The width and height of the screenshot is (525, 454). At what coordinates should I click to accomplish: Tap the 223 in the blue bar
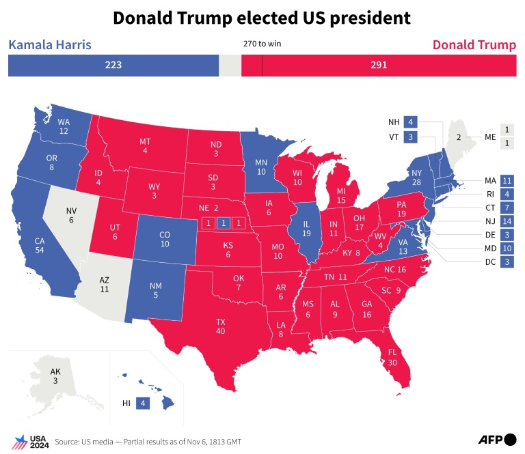click(113, 66)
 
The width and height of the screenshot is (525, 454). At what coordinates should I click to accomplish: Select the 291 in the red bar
click(379, 66)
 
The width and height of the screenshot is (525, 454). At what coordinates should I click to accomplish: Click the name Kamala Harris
click(49, 46)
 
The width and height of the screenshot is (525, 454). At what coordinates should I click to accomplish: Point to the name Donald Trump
click(474, 46)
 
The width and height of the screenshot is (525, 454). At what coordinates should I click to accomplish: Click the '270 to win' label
click(262, 44)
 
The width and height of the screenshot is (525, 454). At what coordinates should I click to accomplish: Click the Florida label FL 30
click(392, 358)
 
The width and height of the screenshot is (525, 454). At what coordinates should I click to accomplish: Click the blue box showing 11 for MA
click(507, 181)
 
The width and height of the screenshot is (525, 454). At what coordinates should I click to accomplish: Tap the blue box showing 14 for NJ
click(507, 221)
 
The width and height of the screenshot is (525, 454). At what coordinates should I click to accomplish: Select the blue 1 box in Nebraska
click(222, 223)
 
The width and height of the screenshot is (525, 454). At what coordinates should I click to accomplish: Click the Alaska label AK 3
click(55, 376)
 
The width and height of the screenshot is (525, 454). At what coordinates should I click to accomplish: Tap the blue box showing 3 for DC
click(507, 262)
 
